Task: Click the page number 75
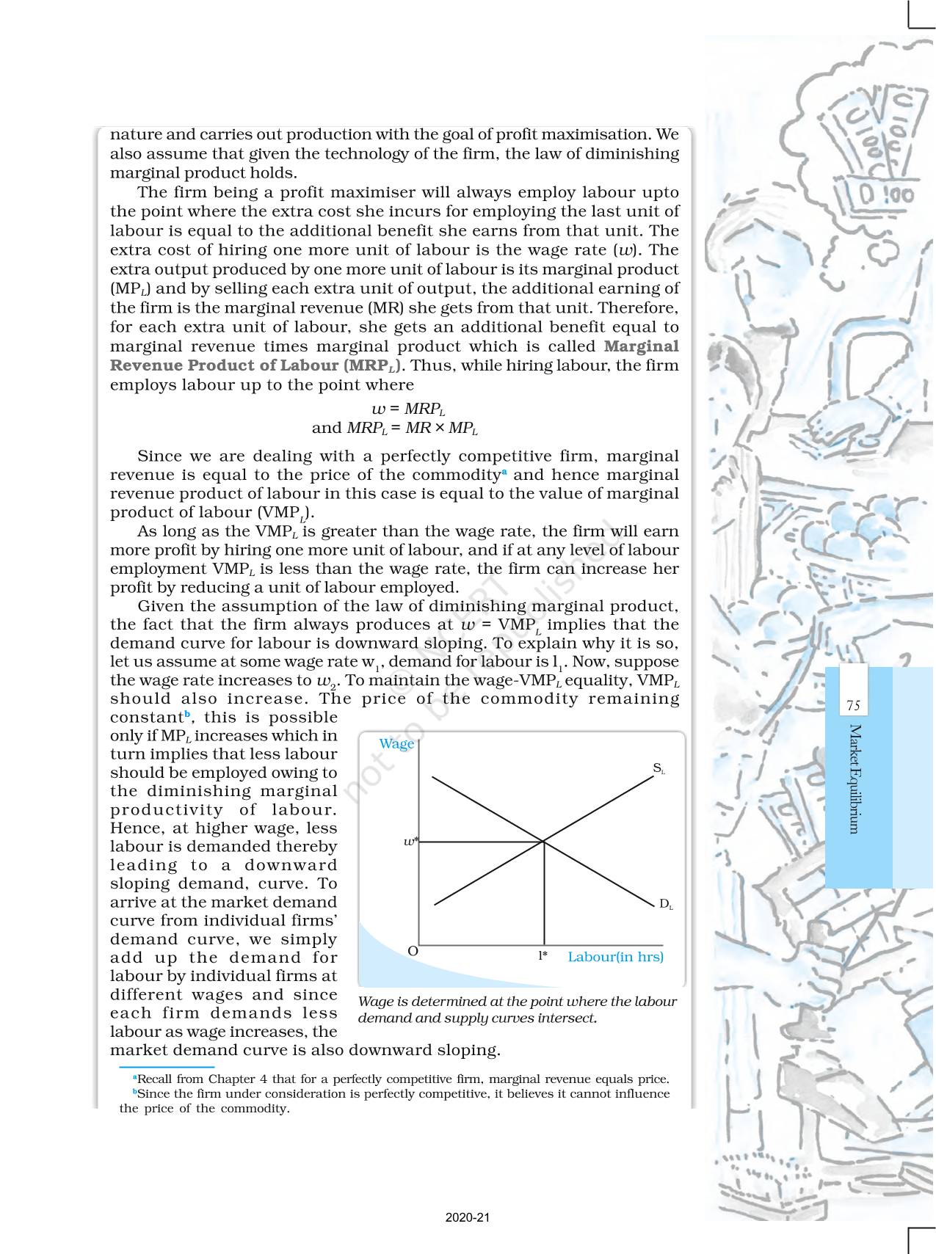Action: click(x=853, y=706)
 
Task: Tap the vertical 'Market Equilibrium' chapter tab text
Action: click(x=855, y=779)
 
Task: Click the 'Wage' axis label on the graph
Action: click(x=396, y=743)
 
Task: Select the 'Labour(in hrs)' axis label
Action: click(x=615, y=957)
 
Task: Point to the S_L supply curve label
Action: click(x=659, y=768)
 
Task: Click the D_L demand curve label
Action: click(x=665, y=904)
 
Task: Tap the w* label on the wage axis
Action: click(x=411, y=842)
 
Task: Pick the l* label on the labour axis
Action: click(x=543, y=955)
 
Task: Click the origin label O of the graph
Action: click(x=413, y=951)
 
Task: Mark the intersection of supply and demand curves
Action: click(x=543, y=842)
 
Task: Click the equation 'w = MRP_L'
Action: click(x=408, y=409)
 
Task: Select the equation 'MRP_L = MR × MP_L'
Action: click(x=412, y=428)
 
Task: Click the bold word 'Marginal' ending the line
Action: click(x=641, y=346)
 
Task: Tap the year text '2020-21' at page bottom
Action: click(x=467, y=1217)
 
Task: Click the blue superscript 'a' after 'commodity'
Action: click(x=505, y=472)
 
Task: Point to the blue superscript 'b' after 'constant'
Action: click(x=187, y=714)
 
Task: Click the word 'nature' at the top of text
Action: click(x=132, y=134)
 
